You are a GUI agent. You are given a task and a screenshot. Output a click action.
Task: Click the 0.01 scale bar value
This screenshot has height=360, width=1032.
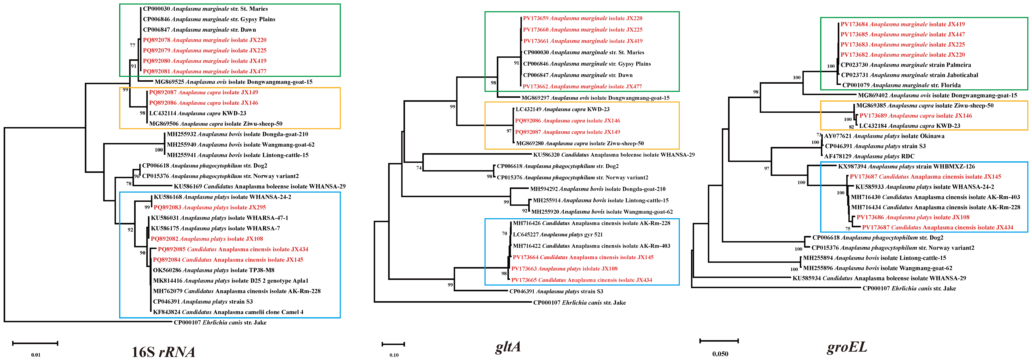pos(36,355)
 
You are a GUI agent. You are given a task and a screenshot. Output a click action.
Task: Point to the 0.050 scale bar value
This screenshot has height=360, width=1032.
pos(720,354)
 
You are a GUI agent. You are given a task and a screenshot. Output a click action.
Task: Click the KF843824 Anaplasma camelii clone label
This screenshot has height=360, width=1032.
pos(228,312)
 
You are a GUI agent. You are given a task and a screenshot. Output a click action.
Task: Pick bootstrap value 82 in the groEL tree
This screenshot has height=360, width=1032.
pos(851,127)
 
